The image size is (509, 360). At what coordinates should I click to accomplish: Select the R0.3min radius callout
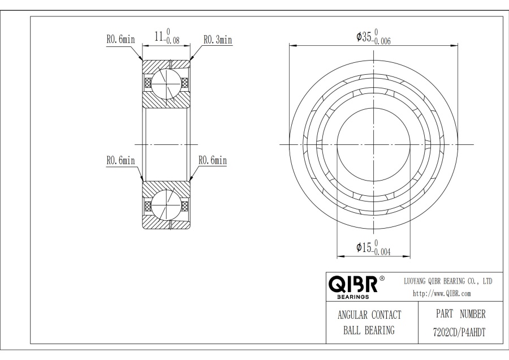tap(218, 40)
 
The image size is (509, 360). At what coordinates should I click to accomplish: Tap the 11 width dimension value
tap(159, 36)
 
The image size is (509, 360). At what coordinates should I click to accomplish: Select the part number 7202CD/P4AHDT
tap(459, 332)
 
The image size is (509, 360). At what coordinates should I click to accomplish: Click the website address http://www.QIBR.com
tap(442, 294)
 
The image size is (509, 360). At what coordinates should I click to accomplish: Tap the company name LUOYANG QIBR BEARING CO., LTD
tap(448, 281)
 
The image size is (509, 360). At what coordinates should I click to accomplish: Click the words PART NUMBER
tap(460, 314)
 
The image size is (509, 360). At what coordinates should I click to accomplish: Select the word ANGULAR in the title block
tap(352, 315)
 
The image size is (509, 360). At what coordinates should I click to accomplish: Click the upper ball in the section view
tap(166, 83)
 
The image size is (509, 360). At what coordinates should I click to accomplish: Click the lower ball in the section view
tap(166, 205)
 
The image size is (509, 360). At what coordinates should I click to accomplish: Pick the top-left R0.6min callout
tap(120, 39)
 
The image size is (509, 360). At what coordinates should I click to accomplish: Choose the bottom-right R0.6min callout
tap(213, 160)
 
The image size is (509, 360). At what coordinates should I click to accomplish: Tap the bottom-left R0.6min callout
tap(120, 160)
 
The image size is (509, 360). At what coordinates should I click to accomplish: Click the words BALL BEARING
tap(369, 331)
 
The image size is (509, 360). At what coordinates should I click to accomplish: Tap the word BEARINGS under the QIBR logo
tap(353, 297)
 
